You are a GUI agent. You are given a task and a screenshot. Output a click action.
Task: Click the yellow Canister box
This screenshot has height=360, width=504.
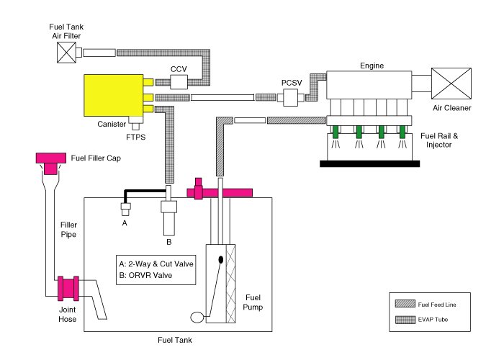pyautogui.click(x=114, y=96)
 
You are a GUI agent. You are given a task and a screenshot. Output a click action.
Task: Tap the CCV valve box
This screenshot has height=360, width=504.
pyautogui.click(x=179, y=82)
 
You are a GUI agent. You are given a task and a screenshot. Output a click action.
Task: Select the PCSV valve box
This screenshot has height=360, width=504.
pyautogui.click(x=291, y=97)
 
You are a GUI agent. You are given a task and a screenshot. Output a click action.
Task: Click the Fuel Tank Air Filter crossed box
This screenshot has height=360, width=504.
pyautogui.click(x=66, y=53)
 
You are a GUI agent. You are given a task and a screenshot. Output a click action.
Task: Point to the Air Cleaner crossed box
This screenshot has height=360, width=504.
pyautogui.click(x=451, y=84)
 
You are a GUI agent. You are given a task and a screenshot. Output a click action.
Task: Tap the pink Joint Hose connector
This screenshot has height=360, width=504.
pyautogui.click(x=68, y=288)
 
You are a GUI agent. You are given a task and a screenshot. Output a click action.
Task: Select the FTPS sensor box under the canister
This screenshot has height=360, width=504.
pyautogui.click(x=135, y=123)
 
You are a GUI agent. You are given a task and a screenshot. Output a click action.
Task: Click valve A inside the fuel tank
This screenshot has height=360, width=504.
pyautogui.click(x=125, y=210)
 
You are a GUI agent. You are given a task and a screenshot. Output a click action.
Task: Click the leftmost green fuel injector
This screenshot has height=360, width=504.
pyautogui.click(x=336, y=132)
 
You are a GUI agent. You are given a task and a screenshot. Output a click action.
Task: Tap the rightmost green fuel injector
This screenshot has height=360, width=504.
pyautogui.click(x=402, y=132)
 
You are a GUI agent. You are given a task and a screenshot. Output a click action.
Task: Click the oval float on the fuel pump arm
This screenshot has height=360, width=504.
pyautogui.click(x=197, y=318)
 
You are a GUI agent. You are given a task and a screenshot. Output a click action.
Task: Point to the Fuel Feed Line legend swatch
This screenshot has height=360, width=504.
pyautogui.click(x=405, y=304)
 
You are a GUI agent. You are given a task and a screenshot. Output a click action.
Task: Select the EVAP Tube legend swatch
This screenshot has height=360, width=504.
pyautogui.click(x=405, y=320)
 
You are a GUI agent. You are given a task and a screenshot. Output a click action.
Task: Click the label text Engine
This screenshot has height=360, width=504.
pyautogui.click(x=372, y=66)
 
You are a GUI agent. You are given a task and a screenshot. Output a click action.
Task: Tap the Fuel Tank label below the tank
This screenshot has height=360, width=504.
pyautogui.click(x=175, y=340)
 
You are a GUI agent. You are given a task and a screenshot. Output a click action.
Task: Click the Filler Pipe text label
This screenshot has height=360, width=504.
pyautogui.click(x=68, y=230)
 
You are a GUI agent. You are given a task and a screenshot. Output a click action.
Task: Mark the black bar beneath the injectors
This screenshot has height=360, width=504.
pyautogui.click(x=369, y=163)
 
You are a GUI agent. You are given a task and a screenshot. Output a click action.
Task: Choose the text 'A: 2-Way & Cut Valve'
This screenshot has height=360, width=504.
pyautogui.click(x=156, y=264)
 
